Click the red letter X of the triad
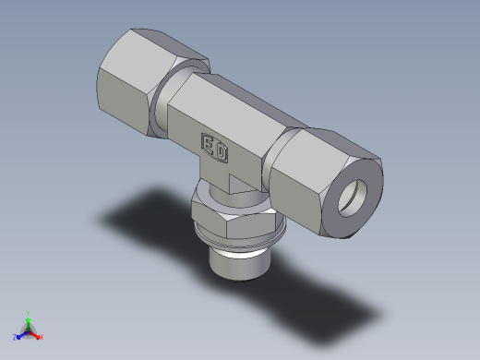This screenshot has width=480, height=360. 42,337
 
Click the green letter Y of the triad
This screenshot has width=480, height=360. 29,313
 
